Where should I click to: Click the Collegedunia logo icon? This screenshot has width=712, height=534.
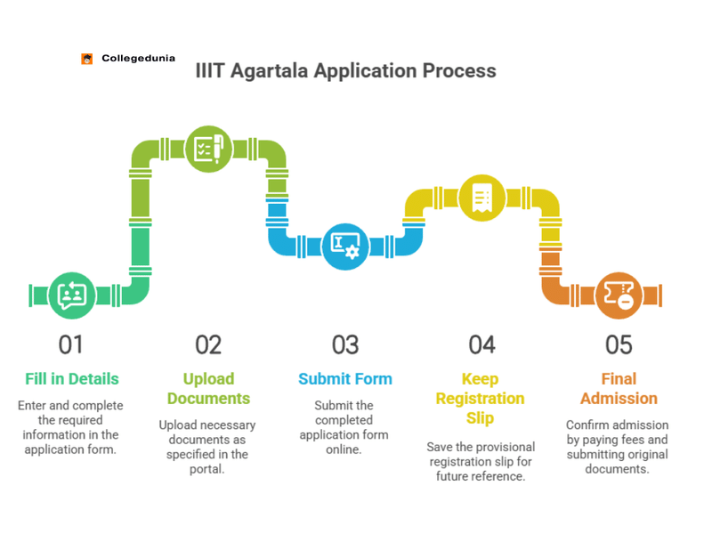(x=87, y=59)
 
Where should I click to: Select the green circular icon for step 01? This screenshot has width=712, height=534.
(x=70, y=295)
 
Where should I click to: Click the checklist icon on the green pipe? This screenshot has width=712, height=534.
(x=206, y=146)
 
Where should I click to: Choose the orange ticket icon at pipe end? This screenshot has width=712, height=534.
(x=618, y=295)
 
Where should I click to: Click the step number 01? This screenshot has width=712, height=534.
(x=70, y=344)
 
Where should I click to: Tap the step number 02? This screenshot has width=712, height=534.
(x=207, y=344)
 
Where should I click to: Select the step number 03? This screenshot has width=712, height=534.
(x=344, y=344)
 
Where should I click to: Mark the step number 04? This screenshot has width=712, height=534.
(x=481, y=344)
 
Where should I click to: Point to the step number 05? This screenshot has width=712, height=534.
(x=618, y=344)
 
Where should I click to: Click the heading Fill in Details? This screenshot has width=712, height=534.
(x=71, y=379)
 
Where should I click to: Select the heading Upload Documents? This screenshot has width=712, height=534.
(x=208, y=388)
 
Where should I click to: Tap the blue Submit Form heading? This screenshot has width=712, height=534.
(x=344, y=379)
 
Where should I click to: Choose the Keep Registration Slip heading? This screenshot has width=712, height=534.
(x=481, y=398)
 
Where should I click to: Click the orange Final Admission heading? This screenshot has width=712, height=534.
(x=618, y=388)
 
